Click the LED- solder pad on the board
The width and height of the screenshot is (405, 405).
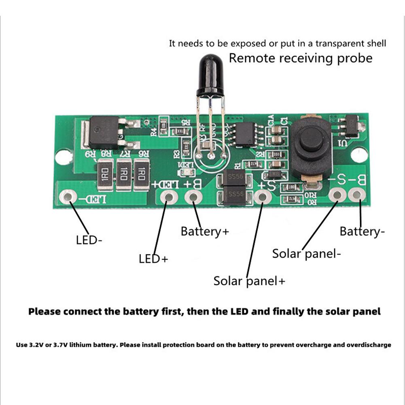68,197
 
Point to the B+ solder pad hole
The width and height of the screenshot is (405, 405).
194,197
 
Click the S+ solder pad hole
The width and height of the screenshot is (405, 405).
263,197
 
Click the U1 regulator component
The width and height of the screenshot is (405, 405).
350,125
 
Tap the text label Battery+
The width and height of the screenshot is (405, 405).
205,231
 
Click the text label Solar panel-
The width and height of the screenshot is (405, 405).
306,254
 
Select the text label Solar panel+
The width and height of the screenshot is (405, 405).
249,281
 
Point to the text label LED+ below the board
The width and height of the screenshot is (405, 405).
153,259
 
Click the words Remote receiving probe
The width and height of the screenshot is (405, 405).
301,58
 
